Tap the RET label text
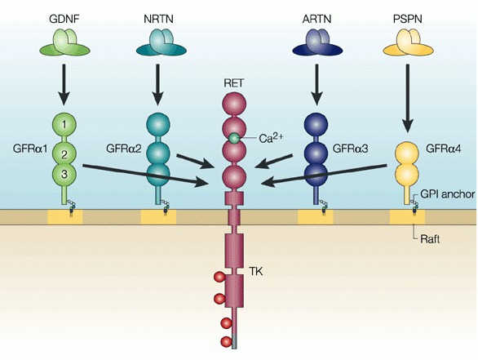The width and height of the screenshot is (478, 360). (234, 83)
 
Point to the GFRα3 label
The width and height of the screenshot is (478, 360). (353, 150)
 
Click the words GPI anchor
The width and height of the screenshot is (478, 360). (445, 195)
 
